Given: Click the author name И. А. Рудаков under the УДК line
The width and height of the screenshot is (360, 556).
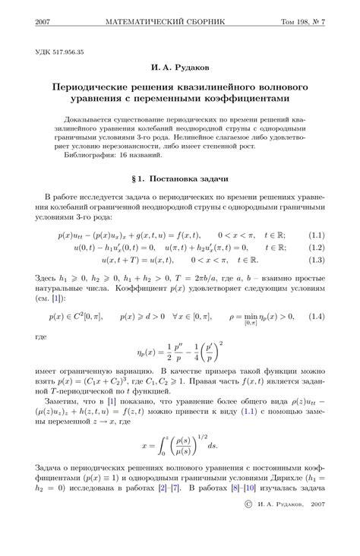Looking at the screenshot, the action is [x=180, y=68].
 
